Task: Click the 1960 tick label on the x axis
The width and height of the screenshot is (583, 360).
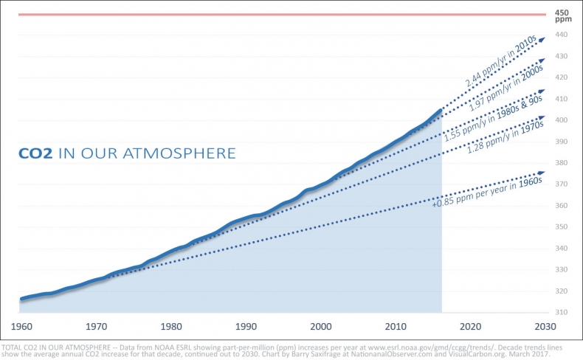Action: pyautogui.click(x=21, y=326)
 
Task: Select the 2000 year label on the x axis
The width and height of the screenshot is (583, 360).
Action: pyautogui.click(x=320, y=326)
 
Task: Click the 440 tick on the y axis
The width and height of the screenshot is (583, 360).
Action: pyautogui.click(x=561, y=35)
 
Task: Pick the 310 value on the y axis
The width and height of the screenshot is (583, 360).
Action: pyautogui.click(x=561, y=313)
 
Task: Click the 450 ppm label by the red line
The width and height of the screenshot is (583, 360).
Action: pyautogui.click(x=562, y=17)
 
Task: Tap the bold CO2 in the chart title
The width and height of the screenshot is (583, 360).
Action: pyautogui.click(x=34, y=153)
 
